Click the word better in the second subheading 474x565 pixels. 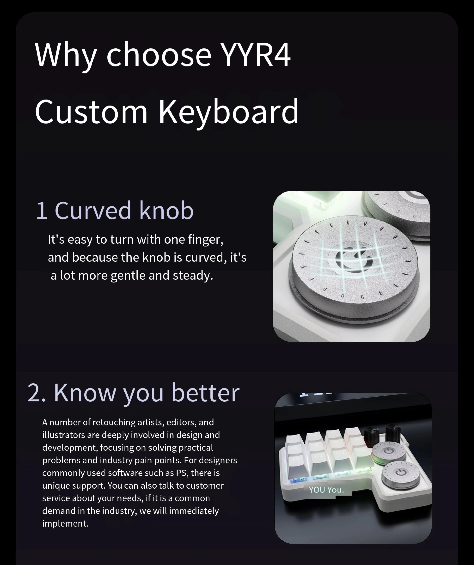pos(205,393)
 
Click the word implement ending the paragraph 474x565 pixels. pos(65,524)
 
